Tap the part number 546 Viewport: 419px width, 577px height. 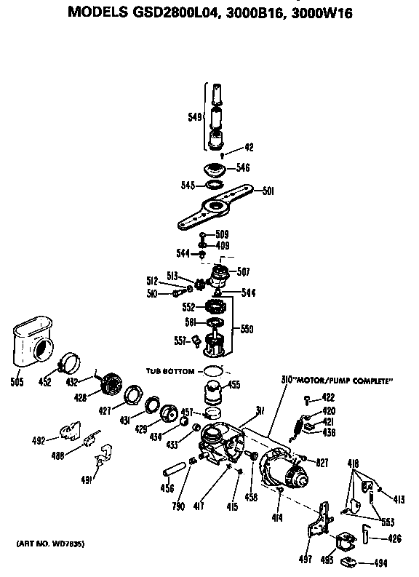(x=242, y=167)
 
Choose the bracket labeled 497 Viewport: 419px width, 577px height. (x=319, y=528)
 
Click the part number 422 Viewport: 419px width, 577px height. (x=329, y=397)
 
